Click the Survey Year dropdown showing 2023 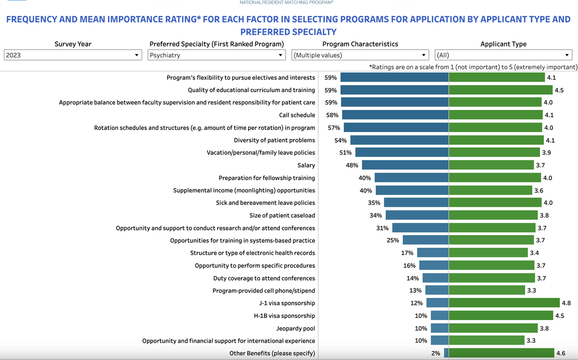(72, 55)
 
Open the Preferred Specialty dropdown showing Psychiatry (217, 55)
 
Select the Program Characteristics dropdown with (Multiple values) (360, 55)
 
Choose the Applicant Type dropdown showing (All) (503, 55)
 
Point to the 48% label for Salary (352, 165)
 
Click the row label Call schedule (297, 115)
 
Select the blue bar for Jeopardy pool (439, 328)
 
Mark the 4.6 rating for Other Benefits (561, 353)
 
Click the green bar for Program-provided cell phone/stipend (487, 291)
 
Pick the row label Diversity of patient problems (275, 140)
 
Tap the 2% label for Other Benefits (436, 353)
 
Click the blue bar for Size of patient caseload (417, 215)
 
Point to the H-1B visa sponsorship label (285, 316)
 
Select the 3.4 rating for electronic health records (535, 253)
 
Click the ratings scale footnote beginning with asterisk (473, 67)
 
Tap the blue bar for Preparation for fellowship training (411, 178)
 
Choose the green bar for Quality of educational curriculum (500, 90)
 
